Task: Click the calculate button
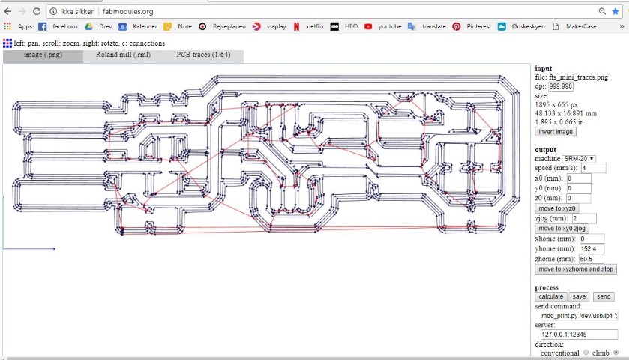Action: [x=551, y=296]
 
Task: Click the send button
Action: [x=604, y=296]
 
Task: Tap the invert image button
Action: [x=556, y=132]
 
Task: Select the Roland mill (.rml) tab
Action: [x=123, y=55]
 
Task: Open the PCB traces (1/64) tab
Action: [x=203, y=55]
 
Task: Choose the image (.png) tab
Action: [x=43, y=55]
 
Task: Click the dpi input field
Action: [x=561, y=86]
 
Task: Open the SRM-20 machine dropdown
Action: [x=579, y=159]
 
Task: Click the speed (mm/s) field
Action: [x=593, y=169]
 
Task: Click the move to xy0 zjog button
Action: [x=562, y=229]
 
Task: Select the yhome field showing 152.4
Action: [x=592, y=249]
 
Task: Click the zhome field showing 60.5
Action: [x=592, y=259]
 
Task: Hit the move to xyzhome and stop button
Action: [x=576, y=269]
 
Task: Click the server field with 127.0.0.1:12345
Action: [x=579, y=334]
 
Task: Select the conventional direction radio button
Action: [x=586, y=352]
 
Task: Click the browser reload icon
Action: [x=37, y=12]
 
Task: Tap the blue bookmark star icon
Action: [x=615, y=12]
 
